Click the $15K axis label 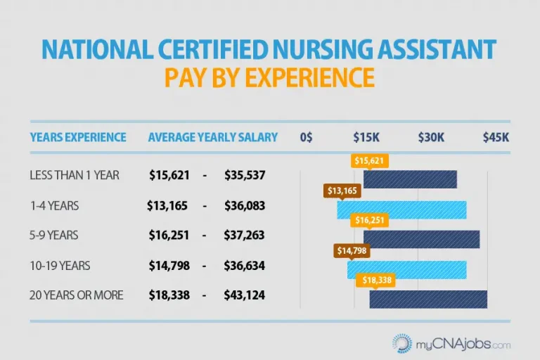(x=366, y=137)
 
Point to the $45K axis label (x=496, y=137)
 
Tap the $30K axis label (x=431, y=137)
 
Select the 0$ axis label (x=306, y=137)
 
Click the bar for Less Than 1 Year (x=410, y=179)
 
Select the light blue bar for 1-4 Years (x=401, y=210)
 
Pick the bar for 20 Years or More (x=428, y=299)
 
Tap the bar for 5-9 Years (x=421, y=239)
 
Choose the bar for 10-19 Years (x=406, y=269)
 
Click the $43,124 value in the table (x=244, y=295)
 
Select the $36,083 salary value (x=244, y=205)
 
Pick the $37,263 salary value (x=244, y=235)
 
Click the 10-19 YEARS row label (x=60, y=266)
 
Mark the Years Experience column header (x=78, y=137)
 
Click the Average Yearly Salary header (x=212, y=137)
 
